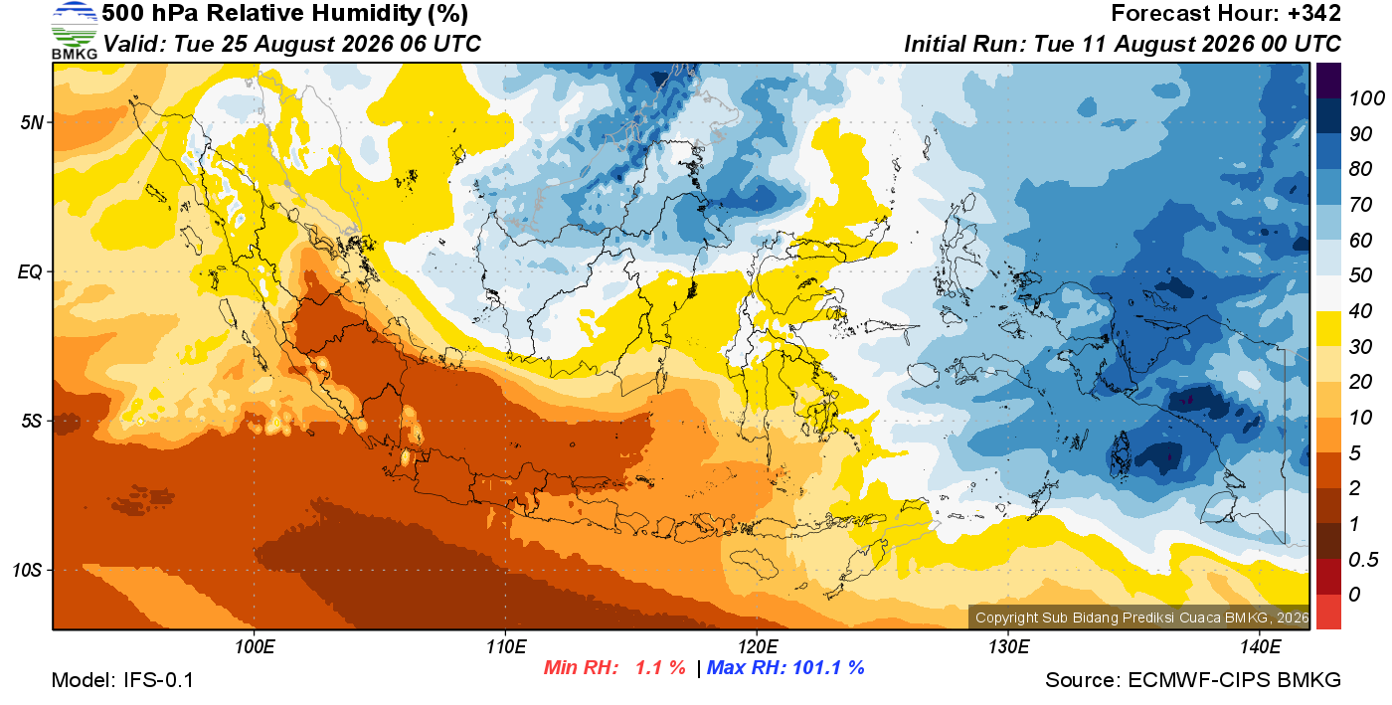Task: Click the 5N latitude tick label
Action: coord(32,123)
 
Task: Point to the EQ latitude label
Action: coord(30,272)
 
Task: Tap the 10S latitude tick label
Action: coord(28,570)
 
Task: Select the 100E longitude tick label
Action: coord(255,647)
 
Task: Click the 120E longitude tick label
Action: coord(757,647)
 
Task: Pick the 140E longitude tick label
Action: coord(1260,647)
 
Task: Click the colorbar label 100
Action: coord(1366,98)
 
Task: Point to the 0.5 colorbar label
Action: coord(1363,560)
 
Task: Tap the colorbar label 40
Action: coord(1360,311)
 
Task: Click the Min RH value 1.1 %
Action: coord(660,667)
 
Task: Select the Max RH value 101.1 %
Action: coord(828,667)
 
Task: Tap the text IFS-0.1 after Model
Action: coord(158,680)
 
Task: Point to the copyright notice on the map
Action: coord(1141,617)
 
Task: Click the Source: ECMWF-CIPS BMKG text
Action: coord(1193,680)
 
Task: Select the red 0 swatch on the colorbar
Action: coord(1328,612)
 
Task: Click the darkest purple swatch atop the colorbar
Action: coord(1328,81)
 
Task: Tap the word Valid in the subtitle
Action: coord(131,44)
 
